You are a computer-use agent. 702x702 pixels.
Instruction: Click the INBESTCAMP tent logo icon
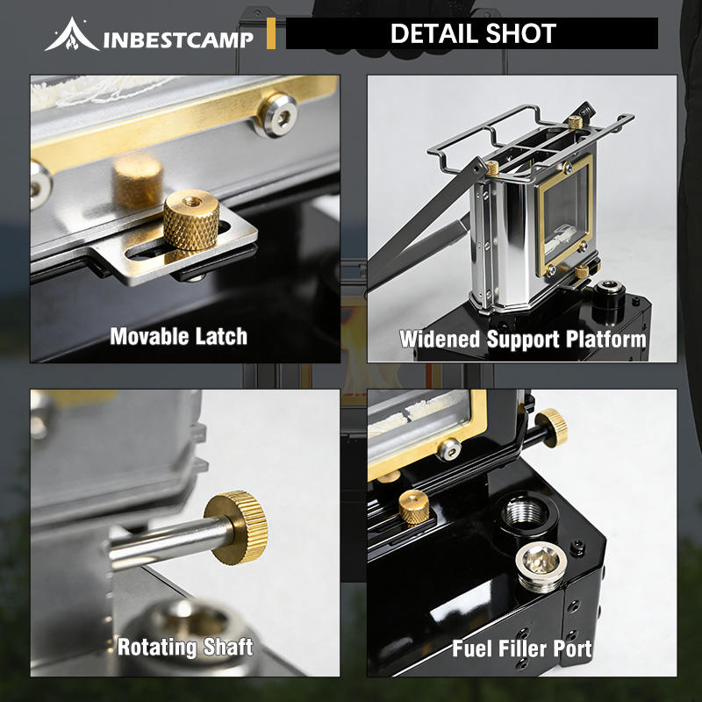click(72, 34)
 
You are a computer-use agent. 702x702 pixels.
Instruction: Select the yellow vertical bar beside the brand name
click(271, 33)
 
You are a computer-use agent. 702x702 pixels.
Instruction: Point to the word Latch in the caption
click(222, 336)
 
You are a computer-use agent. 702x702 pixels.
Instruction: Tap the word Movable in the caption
click(150, 336)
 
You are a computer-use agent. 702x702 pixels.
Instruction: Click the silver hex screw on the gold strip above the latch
click(278, 115)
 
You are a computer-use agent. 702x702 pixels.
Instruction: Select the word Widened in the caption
click(440, 339)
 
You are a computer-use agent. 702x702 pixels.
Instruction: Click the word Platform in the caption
click(605, 339)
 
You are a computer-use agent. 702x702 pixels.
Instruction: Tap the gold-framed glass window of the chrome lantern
click(565, 213)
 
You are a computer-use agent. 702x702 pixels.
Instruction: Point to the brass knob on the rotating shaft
click(236, 527)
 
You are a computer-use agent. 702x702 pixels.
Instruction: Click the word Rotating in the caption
click(156, 647)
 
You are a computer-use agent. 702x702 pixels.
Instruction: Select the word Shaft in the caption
click(228, 647)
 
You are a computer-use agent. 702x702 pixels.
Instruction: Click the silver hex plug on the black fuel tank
click(541, 566)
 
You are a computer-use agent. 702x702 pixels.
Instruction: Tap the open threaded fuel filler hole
click(525, 512)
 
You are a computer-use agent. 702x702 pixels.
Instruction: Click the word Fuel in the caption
click(472, 648)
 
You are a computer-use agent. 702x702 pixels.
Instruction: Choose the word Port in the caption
click(573, 648)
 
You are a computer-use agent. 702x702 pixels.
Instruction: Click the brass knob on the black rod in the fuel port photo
click(552, 427)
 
